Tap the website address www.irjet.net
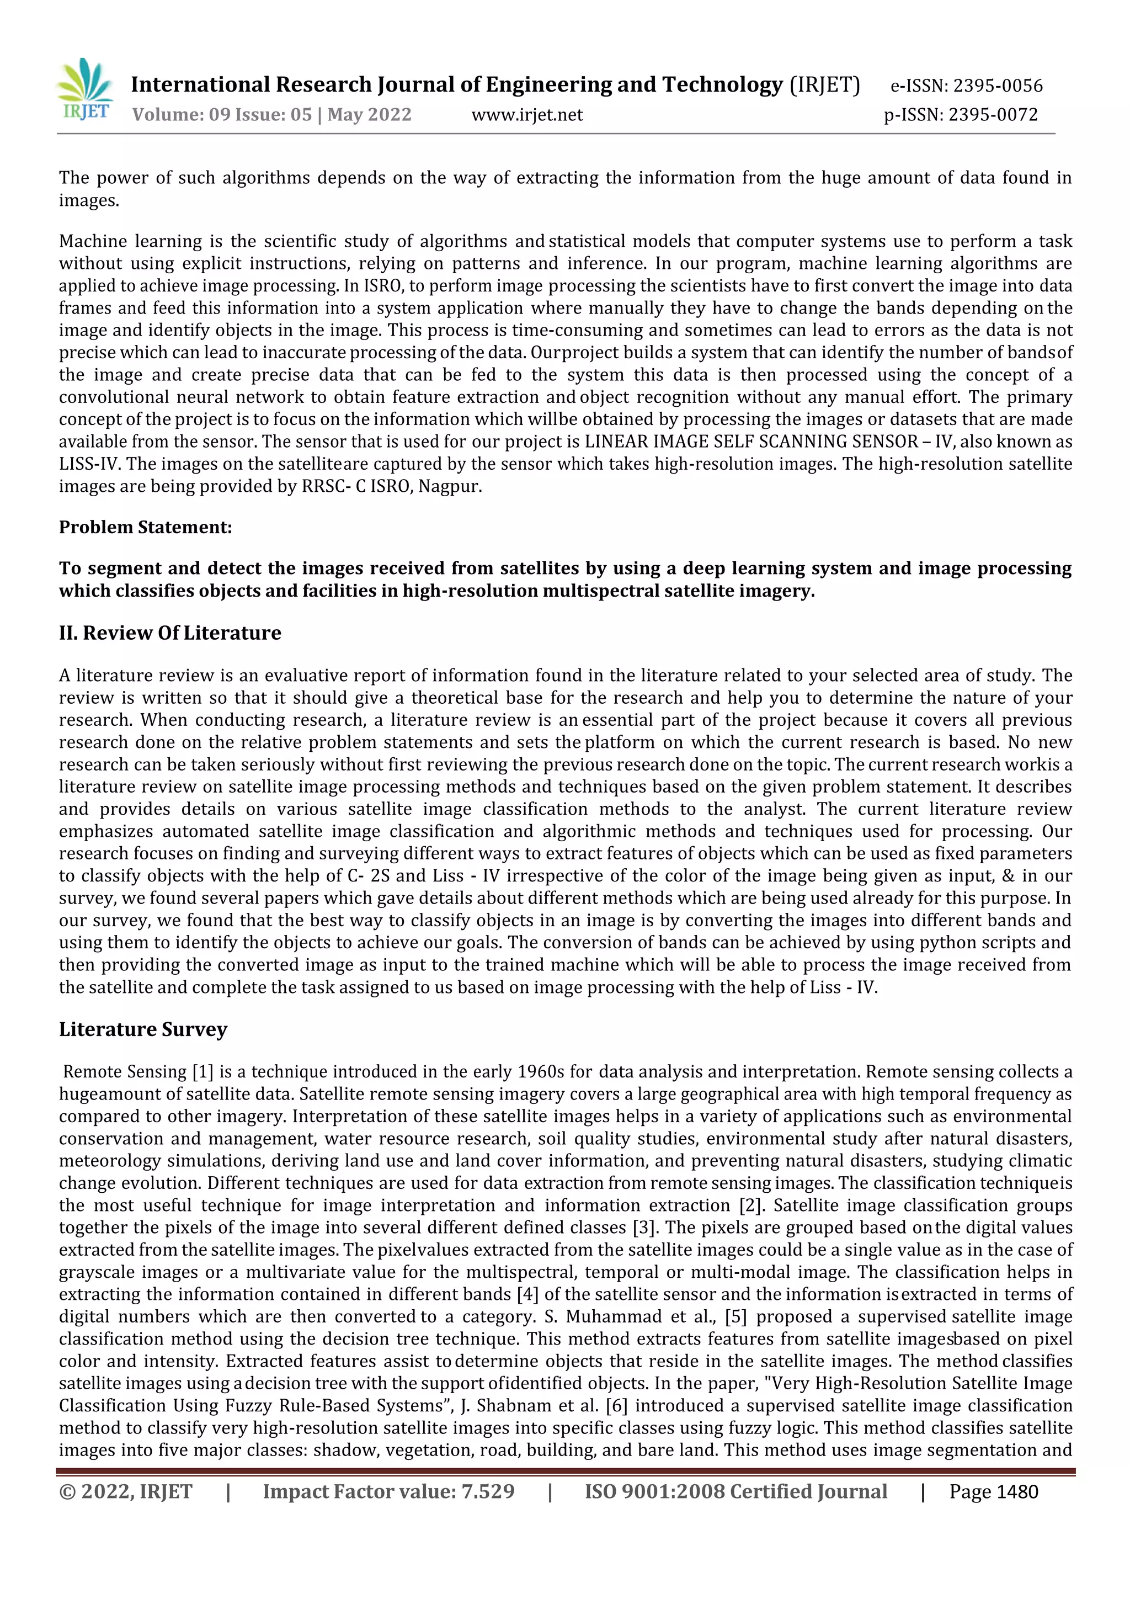point(527,115)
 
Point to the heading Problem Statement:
point(145,527)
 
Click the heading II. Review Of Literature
point(170,633)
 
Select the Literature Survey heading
point(143,1029)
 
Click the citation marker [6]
point(617,1405)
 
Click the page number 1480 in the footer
point(1016,1492)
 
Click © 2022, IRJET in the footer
point(125,1492)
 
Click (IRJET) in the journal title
point(824,85)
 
